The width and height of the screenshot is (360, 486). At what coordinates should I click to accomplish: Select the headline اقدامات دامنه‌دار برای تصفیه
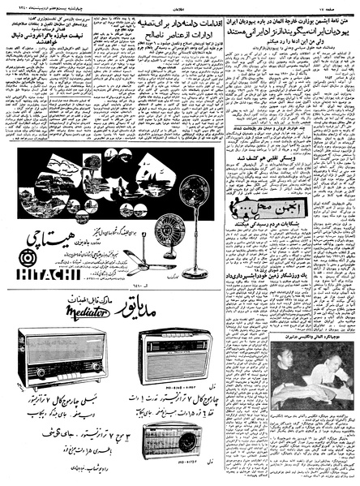(x=168, y=18)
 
